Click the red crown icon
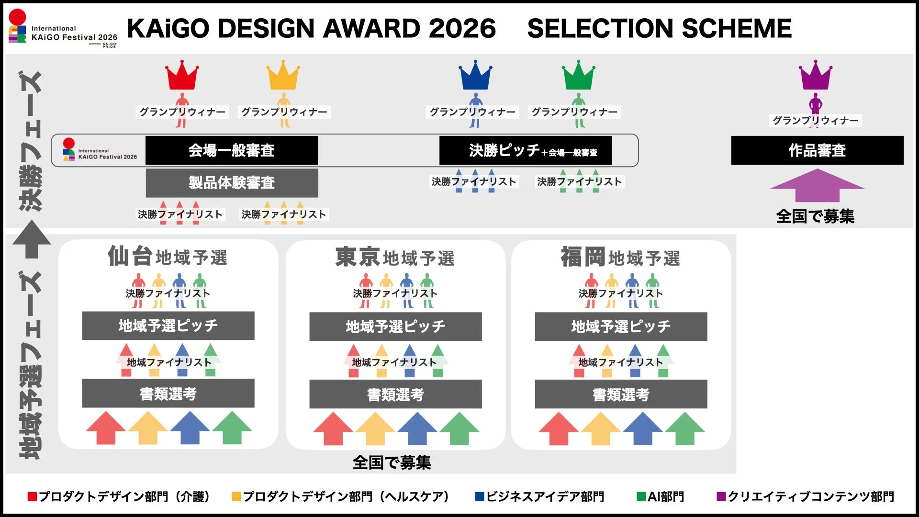click(x=182, y=76)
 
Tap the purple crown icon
click(x=815, y=76)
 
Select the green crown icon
click(x=578, y=76)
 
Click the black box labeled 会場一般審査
click(x=232, y=150)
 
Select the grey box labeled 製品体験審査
click(x=232, y=182)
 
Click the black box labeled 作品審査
click(x=817, y=150)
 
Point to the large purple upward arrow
click(x=817, y=186)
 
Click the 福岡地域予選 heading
click(x=620, y=257)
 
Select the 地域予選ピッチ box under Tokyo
click(x=395, y=326)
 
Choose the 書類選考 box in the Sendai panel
click(x=168, y=393)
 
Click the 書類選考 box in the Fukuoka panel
click(x=621, y=394)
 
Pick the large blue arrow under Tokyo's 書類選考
click(x=417, y=428)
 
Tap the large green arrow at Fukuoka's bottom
click(x=684, y=428)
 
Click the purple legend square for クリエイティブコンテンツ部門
click(x=721, y=497)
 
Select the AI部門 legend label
click(x=665, y=497)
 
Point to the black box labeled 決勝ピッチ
click(x=525, y=150)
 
